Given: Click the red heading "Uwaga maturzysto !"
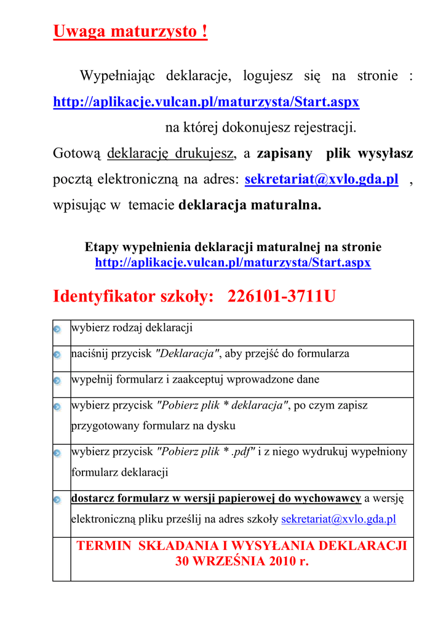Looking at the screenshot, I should (x=130, y=31).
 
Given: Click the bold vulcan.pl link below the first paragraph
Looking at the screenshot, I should (x=206, y=102).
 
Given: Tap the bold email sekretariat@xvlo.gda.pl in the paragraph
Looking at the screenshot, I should (x=321, y=179).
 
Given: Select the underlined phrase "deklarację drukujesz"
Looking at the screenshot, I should (x=170, y=153).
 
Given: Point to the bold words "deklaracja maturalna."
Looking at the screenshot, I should (x=250, y=205).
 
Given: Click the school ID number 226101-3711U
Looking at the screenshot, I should (x=282, y=297).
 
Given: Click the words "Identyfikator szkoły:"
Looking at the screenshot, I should (x=133, y=297).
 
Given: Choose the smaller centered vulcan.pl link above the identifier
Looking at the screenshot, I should (x=233, y=263).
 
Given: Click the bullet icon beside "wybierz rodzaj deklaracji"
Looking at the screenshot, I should (x=57, y=329).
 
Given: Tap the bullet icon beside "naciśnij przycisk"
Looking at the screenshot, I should (x=57, y=355).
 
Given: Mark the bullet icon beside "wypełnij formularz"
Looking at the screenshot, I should (x=57, y=381).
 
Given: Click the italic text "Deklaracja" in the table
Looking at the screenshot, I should (x=188, y=354).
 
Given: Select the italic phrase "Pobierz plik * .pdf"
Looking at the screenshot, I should (x=206, y=452).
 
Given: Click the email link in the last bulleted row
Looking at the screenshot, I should (x=338, y=519).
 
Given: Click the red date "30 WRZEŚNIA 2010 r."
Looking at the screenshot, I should (x=242, y=561).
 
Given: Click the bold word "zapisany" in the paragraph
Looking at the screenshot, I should (x=284, y=153).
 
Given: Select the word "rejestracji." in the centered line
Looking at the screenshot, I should (x=326, y=128).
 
